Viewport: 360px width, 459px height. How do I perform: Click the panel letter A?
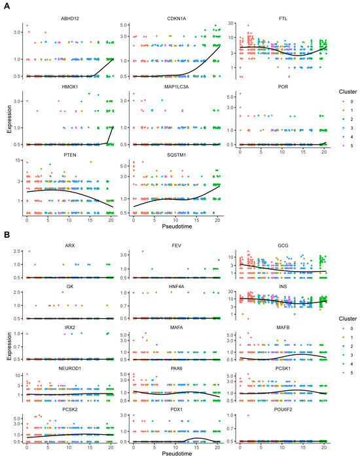[x=5, y=5]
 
